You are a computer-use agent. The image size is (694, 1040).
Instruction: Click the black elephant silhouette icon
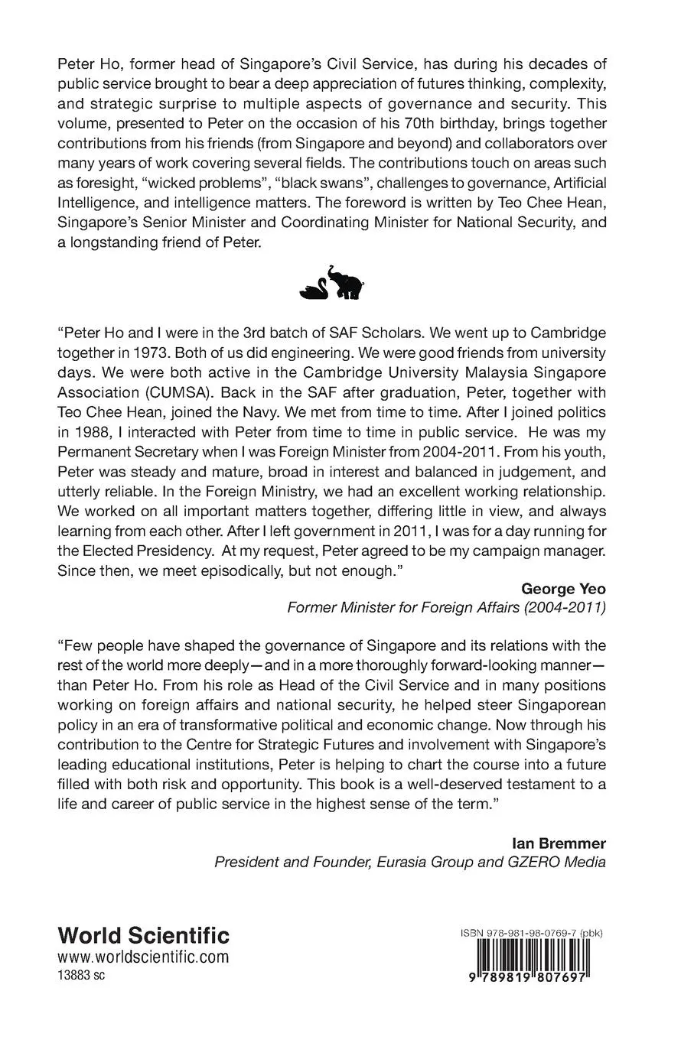344,282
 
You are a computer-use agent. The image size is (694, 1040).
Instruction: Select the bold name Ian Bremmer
559,843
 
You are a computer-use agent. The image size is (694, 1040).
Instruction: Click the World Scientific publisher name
144,935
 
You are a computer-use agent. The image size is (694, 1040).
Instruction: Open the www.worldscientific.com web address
143,957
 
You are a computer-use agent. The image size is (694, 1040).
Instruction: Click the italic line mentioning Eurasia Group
410,863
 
